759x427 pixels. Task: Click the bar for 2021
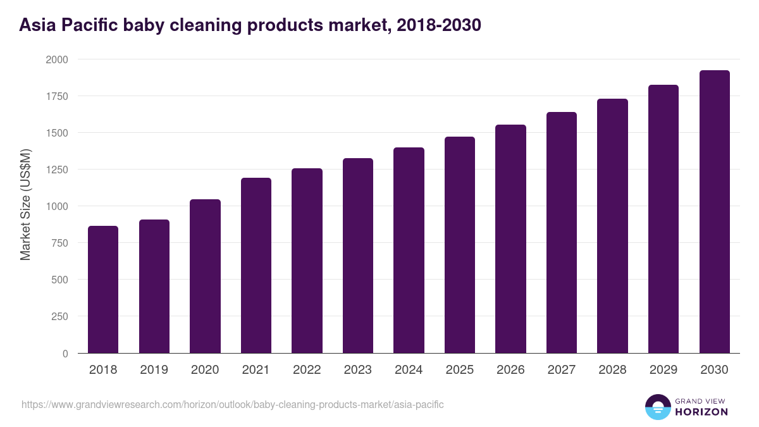click(x=256, y=266)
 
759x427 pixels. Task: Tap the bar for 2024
click(x=409, y=251)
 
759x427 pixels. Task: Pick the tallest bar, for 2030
click(x=714, y=212)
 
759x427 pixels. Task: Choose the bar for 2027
click(x=562, y=233)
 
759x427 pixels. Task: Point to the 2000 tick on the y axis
click(x=56, y=59)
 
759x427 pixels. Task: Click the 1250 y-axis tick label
click(x=56, y=170)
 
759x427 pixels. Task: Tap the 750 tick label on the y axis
click(x=59, y=243)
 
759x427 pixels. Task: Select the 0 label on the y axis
click(x=65, y=354)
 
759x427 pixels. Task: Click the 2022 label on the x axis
click(x=307, y=370)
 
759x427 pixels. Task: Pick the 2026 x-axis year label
click(x=510, y=370)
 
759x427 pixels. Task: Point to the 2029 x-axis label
click(x=663, y=370)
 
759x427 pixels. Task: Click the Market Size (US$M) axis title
click(x=25, y=204)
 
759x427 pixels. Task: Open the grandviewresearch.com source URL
click(x=232, y=404)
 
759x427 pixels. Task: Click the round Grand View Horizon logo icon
click(x=657, y=407)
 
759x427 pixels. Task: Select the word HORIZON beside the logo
click(x=701, y=412)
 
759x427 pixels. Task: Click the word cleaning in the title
click(x=209, y=25)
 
